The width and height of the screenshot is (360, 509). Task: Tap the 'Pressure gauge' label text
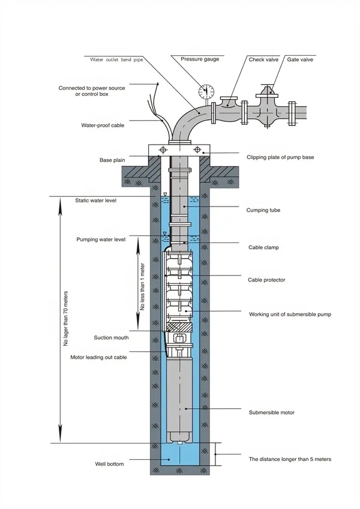[200, 59]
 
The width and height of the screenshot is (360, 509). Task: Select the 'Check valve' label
[263, 60]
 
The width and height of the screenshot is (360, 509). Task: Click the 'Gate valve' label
[300, 60]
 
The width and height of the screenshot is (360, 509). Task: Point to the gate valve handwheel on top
[267, 86]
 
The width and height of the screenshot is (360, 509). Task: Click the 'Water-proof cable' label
[103, 125]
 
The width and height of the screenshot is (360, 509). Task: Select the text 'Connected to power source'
[92, 88]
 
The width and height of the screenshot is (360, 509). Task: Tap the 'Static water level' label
[96, 200]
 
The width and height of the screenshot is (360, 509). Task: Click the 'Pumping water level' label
[101, 239]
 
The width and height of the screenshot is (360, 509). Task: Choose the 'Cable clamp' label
[263, 247]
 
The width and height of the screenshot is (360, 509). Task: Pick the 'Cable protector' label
[266, 280]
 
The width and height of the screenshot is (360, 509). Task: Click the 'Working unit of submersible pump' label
[290, 315]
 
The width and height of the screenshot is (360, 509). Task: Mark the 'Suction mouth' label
[111, 337]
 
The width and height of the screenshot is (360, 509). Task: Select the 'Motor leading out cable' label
[98, 357]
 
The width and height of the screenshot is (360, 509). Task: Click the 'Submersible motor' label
[272, 412]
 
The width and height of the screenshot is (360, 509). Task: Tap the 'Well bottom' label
[109, 464]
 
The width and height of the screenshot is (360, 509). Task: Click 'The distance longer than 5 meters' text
[290, 459]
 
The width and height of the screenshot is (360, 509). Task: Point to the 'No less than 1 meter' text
[143, 287]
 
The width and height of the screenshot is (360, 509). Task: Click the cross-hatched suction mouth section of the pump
[179, 327]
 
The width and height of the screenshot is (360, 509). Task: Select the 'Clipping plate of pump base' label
[280, 157]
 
